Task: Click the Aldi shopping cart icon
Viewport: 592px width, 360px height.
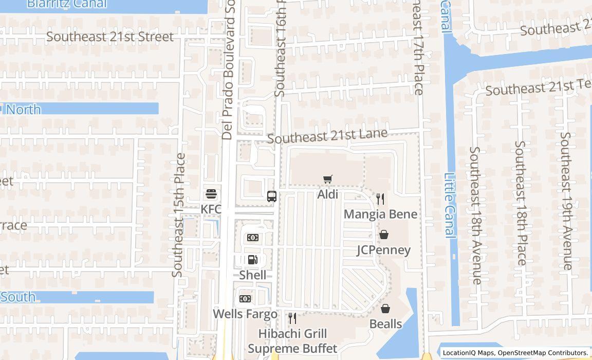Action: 327,179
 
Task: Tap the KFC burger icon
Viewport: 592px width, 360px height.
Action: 211,194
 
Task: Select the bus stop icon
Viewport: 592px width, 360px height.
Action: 272,196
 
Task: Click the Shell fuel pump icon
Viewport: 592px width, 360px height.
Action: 252,260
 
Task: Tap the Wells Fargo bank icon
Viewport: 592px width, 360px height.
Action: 245,299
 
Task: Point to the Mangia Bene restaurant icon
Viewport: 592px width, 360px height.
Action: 380,199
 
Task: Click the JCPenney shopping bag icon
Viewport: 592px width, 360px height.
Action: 384,235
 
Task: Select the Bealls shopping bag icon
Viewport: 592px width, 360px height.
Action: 385,309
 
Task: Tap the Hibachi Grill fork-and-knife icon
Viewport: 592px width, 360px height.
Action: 292,318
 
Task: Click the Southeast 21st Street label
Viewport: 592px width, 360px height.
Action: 110,37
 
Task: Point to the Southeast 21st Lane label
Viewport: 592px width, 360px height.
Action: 327,136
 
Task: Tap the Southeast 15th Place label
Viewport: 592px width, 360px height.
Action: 179,215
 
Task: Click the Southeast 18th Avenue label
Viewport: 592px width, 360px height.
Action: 475,215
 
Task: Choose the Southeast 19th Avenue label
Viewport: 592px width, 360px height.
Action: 566,201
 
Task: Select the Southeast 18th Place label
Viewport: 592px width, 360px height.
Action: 521,203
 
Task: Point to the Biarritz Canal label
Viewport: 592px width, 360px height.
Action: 67,4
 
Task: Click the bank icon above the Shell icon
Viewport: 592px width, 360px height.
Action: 252,238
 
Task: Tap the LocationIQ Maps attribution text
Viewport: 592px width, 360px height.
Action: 468,353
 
